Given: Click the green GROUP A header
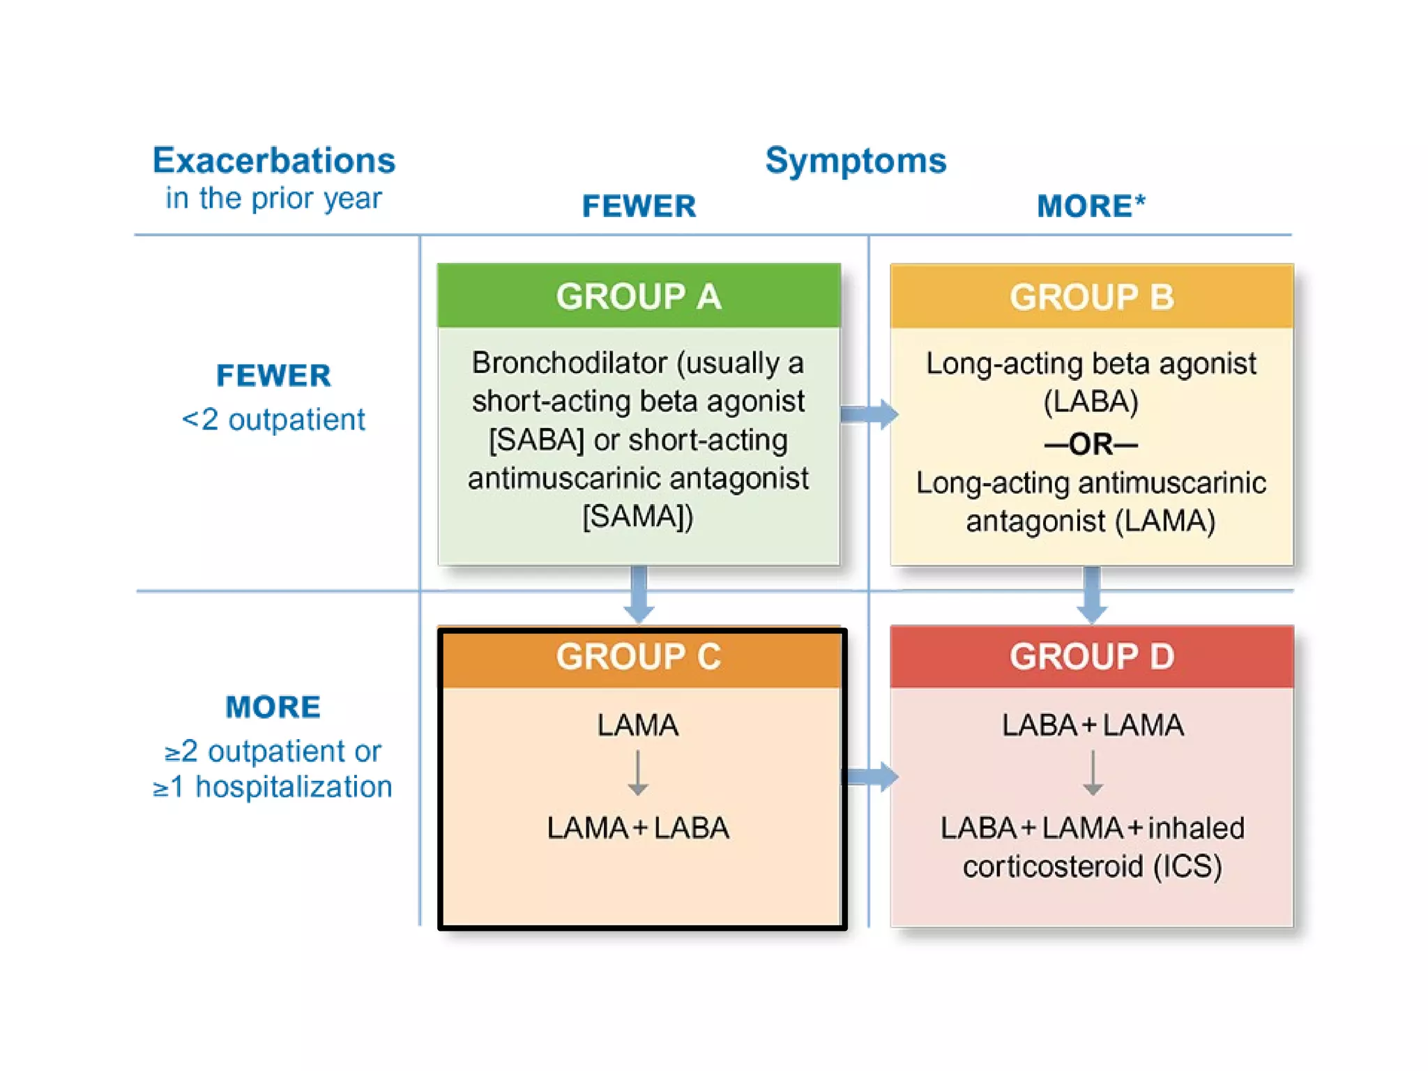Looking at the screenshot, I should tap(638, 296).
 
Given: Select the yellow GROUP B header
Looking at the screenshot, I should tap(1091, 296).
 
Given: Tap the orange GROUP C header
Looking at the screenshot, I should tap(638, 657).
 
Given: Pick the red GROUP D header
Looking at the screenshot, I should tap(1091, 657).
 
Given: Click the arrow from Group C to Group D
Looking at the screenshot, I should tap(870, 776).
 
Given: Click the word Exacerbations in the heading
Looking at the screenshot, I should tap(274, 160).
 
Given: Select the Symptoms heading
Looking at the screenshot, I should tap(856, 160).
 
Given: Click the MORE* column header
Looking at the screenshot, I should tap(1091, 206).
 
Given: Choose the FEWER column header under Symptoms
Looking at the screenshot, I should tap(639, 206).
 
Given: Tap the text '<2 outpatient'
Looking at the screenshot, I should tap(273, 420).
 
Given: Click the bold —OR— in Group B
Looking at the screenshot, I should tap(1091, 444).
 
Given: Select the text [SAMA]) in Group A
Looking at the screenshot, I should tap(638, 517).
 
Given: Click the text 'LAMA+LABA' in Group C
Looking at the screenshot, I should tap(638, 828).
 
